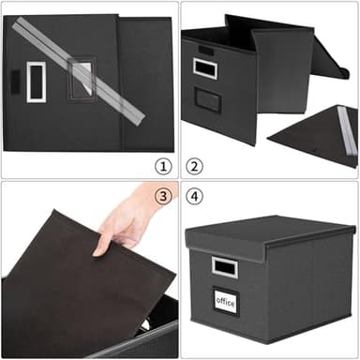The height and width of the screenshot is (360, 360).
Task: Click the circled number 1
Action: click(x=163, y=166)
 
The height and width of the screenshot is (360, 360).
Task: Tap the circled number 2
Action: click(x=195, y=166)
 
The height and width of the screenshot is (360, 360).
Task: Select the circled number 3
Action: click(x=163, y=195)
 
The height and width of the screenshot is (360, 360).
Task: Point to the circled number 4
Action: click(x=195, y=195)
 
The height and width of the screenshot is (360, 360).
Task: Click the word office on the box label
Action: click(x=225, y=302)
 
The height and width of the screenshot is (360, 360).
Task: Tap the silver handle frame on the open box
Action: click(x=205, y=67)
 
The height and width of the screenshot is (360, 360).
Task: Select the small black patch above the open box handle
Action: click(x=205, y=49)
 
